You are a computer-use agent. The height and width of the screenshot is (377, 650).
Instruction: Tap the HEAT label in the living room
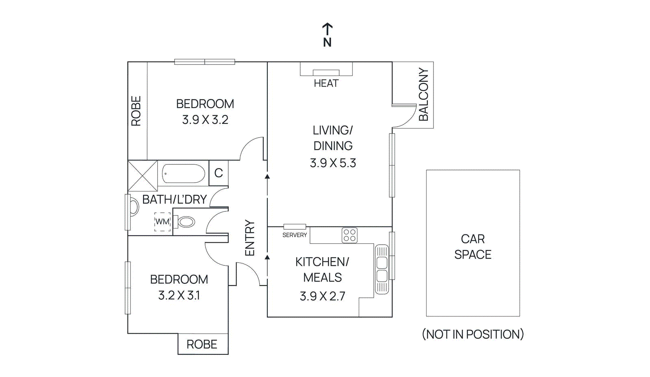click(326, 84)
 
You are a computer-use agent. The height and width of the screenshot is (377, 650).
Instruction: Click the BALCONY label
click(423, 94)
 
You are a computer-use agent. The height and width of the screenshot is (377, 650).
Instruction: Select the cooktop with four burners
click(349, 235)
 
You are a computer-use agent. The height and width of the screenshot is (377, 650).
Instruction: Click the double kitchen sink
click(382, 269)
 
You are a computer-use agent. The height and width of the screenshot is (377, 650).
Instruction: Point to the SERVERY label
click(295, 235)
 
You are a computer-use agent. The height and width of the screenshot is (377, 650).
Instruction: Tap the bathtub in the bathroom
click(184, 174)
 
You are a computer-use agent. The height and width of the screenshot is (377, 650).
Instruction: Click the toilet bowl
click(186, 222)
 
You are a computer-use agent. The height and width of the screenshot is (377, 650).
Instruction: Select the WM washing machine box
click(162, 222)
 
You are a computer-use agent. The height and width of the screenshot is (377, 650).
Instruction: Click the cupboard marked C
click(219, 173)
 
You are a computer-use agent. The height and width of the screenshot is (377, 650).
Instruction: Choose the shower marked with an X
click(143, 176)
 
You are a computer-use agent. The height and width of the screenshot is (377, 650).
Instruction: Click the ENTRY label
click(249, 238)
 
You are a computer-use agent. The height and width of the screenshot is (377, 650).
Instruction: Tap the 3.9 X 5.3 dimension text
click(333, 163)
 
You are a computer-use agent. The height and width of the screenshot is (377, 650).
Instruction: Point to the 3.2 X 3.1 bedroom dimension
click(179, 295)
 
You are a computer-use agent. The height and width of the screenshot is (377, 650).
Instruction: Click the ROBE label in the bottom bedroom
click(202, 345)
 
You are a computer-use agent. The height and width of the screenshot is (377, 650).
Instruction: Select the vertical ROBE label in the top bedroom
click(136, 111)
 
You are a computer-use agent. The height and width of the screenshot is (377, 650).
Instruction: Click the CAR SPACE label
click(472, 246)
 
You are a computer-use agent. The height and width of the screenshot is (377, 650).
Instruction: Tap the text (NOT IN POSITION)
click(472, 334)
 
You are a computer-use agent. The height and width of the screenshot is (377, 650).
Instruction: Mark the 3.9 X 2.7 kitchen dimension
click(322, 296)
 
